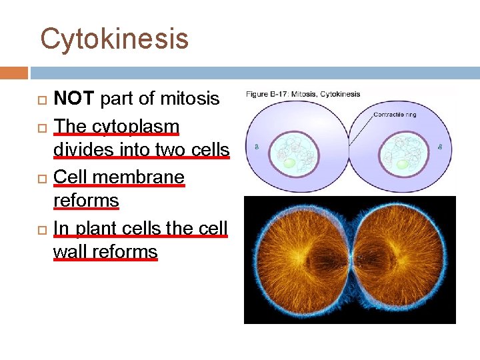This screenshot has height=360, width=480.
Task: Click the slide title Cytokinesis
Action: coord(114,39)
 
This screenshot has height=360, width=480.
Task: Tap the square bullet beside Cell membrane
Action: coord(44,178)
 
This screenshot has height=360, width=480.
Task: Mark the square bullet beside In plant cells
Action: coord(44,229)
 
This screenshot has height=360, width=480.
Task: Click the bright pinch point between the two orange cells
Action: coord(349,259)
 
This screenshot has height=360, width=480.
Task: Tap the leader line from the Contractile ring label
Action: coord(360,129)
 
